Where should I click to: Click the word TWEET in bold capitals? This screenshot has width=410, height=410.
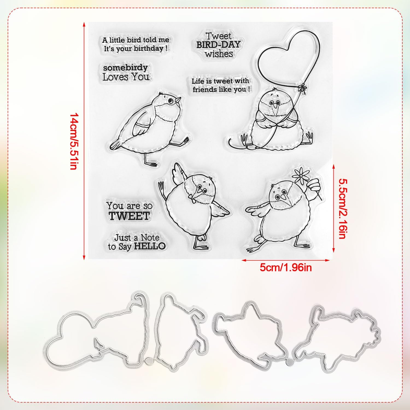(x=129, y=216)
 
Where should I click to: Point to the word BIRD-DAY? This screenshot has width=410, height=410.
(x=218, y=45)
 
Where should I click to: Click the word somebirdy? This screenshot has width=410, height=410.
(x=125, y=68)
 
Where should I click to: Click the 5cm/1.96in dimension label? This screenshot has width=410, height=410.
(x=286, y=268)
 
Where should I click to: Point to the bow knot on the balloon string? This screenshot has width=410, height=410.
(x=302, y=88)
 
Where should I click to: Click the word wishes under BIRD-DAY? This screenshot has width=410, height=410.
(x=219, y=54)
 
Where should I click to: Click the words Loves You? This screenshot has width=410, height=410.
(x=126, y=77)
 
